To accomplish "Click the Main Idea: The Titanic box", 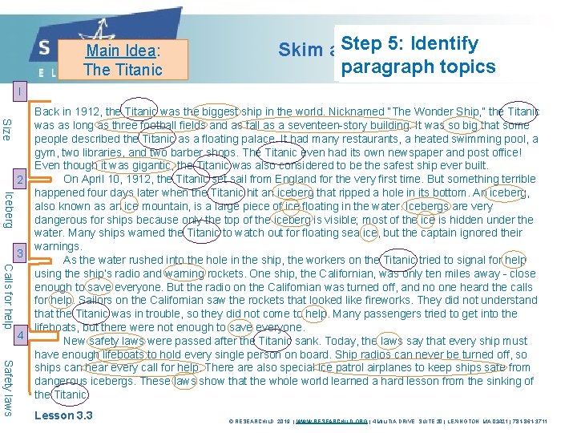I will coord(123,60).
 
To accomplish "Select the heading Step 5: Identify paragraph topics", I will coord(418,55).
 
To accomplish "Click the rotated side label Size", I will coord(7,128).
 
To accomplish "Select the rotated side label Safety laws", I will coord(7,387).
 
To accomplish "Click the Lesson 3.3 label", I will coord(63,415).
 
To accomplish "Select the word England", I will coord(311,179).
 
